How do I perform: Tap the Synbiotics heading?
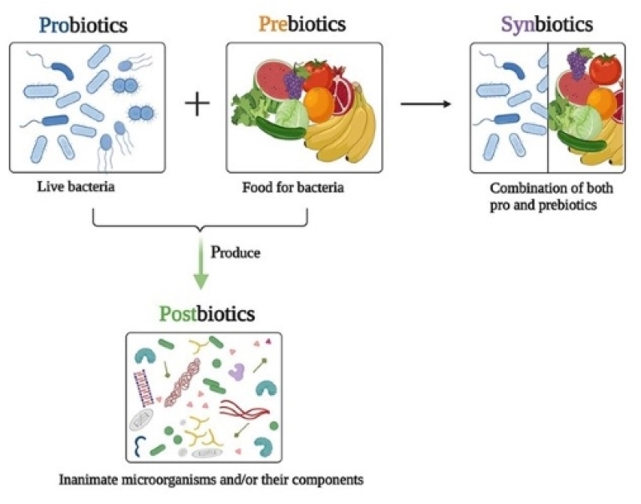pos(547,24)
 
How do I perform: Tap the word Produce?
pos(236,252)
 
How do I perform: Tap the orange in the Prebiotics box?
pos(319,103)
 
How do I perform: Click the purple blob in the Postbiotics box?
pos(236,371)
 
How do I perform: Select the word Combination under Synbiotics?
pos(526,189)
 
